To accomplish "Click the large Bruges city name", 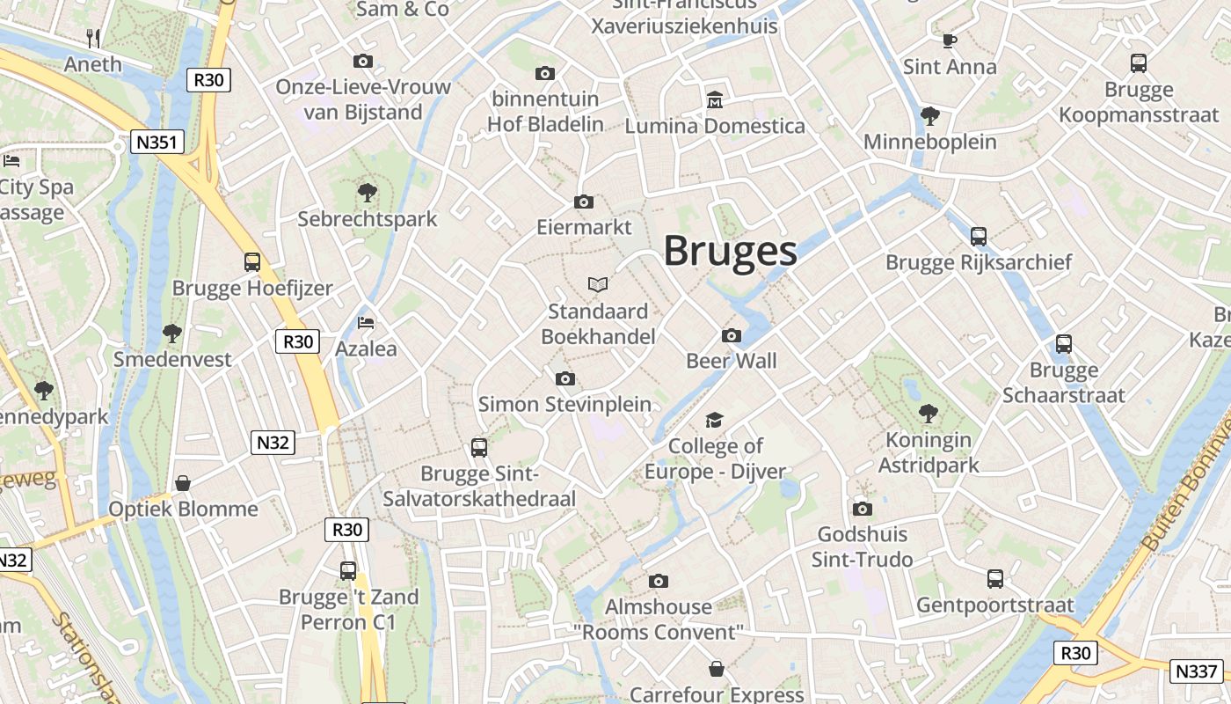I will tap(730, 251).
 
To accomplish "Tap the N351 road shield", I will tap(157, 142).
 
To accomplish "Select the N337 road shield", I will tap(1197, 671).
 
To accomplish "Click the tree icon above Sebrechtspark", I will tap(367, 192).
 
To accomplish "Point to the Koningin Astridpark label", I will tap(929, 452).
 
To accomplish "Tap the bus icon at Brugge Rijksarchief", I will tap(979, 236).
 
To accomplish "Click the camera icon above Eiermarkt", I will tap(583, 202).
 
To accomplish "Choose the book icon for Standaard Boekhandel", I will tap(598, 284).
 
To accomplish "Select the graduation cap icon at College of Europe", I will tap(714, 420).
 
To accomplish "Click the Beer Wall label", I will tap(731, 361).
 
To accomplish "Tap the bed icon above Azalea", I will tap(366, 323).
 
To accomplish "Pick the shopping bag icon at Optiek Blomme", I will tap(183, 482).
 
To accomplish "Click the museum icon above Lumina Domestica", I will tap(714, 99).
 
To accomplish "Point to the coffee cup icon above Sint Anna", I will tap(949, 40).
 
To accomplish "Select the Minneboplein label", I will tap(930, 142).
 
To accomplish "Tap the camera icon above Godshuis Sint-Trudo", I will tap(862, 509).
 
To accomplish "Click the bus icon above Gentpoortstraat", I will tap(995, 578).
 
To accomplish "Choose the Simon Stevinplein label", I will tap(565, 405).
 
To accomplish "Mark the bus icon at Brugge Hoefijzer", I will tap(252, 261).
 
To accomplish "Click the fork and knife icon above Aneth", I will tap(93, 38).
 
